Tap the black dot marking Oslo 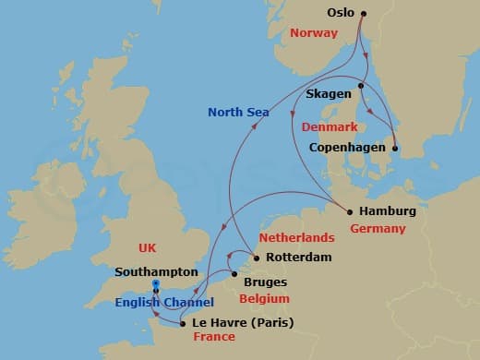pos(364,14)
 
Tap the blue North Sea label pos(238,113)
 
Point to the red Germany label pos(378,228)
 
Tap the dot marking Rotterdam pos(257,258)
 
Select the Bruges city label pos(268,282)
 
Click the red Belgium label pos(264,299)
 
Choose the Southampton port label pos(157,272)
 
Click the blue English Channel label pos(164,303)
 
